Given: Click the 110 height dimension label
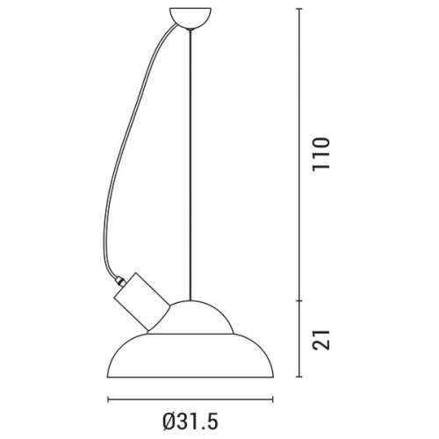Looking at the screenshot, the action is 321,154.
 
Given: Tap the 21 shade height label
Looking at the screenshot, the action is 321,340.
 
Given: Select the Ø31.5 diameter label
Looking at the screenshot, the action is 191,421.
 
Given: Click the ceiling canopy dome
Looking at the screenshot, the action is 191,18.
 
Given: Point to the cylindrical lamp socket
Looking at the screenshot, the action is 140,301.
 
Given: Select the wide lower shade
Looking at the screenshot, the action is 191,356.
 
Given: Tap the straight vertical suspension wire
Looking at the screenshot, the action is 191,165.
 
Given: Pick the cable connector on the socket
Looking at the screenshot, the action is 120,280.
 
